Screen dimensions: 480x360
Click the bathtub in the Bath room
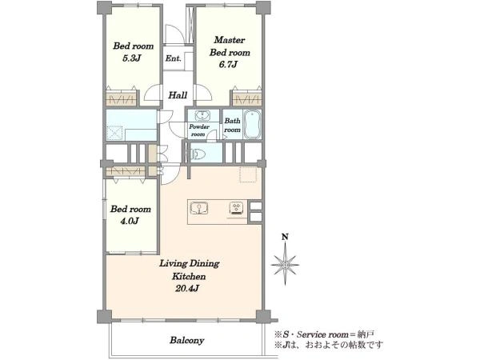pyautogui.click(x=253, y=124)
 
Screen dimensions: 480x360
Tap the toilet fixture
pyautogui.click(x=197, y=154)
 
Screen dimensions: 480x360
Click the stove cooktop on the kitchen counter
pyautogui.click(x=236, y=209)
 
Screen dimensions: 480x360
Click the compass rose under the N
pyautogui.click(x=285, y=264)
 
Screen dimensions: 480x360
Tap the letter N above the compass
pyautogui.click(x=285, y=237)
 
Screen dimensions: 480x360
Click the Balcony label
pyautogui.click(x=187, y=341)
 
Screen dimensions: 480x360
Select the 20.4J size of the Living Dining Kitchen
pyautogui.click(x=187, y=288)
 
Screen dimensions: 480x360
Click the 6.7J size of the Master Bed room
pyautogui.click(x=228, y=64)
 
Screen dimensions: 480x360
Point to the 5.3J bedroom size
pyautogui.click(x=132, y=58)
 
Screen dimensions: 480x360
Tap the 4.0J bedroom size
pyautogui.click(x=130, y=221)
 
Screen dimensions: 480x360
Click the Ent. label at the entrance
pyautogui.click(x=174, y=58)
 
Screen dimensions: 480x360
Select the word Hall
pyautogui.click(x=178, y=95)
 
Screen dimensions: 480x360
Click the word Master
pyautogui.click(x=230, y=40)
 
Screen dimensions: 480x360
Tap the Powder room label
pyautogui.click(x=199, y=130)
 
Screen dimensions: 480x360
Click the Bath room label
pyautogui.click(x=232, y=126)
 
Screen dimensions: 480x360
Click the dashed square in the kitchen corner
pyautogui.click(x=248, y=174)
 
